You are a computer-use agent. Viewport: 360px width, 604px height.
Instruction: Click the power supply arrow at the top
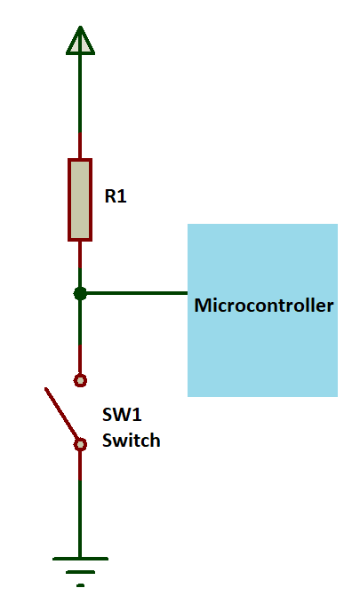tap(80, 41)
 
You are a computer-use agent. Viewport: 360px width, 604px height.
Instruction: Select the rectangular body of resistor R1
tap(80, 200)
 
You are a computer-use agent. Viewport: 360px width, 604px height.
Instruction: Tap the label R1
tap(116, 197)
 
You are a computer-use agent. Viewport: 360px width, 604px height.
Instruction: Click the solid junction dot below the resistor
tap(80, 293)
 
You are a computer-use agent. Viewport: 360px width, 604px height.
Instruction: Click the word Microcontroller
tap(264, 306)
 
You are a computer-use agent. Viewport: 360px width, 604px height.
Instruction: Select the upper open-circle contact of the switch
tap(80, 380)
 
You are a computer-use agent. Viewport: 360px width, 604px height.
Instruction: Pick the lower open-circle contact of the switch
tap(80, 444)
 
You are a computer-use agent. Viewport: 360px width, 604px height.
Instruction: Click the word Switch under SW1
tap(131, 440)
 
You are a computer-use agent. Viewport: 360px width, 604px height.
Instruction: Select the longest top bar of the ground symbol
tap(80, 559)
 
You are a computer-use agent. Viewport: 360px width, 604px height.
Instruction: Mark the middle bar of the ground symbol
tap(80, 572)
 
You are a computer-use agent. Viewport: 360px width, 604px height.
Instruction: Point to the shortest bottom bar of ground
tap(80, 584)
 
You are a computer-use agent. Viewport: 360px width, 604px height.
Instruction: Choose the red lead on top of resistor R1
tap(80, 147)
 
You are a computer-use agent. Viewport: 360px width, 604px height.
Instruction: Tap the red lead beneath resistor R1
tap(80, 253)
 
